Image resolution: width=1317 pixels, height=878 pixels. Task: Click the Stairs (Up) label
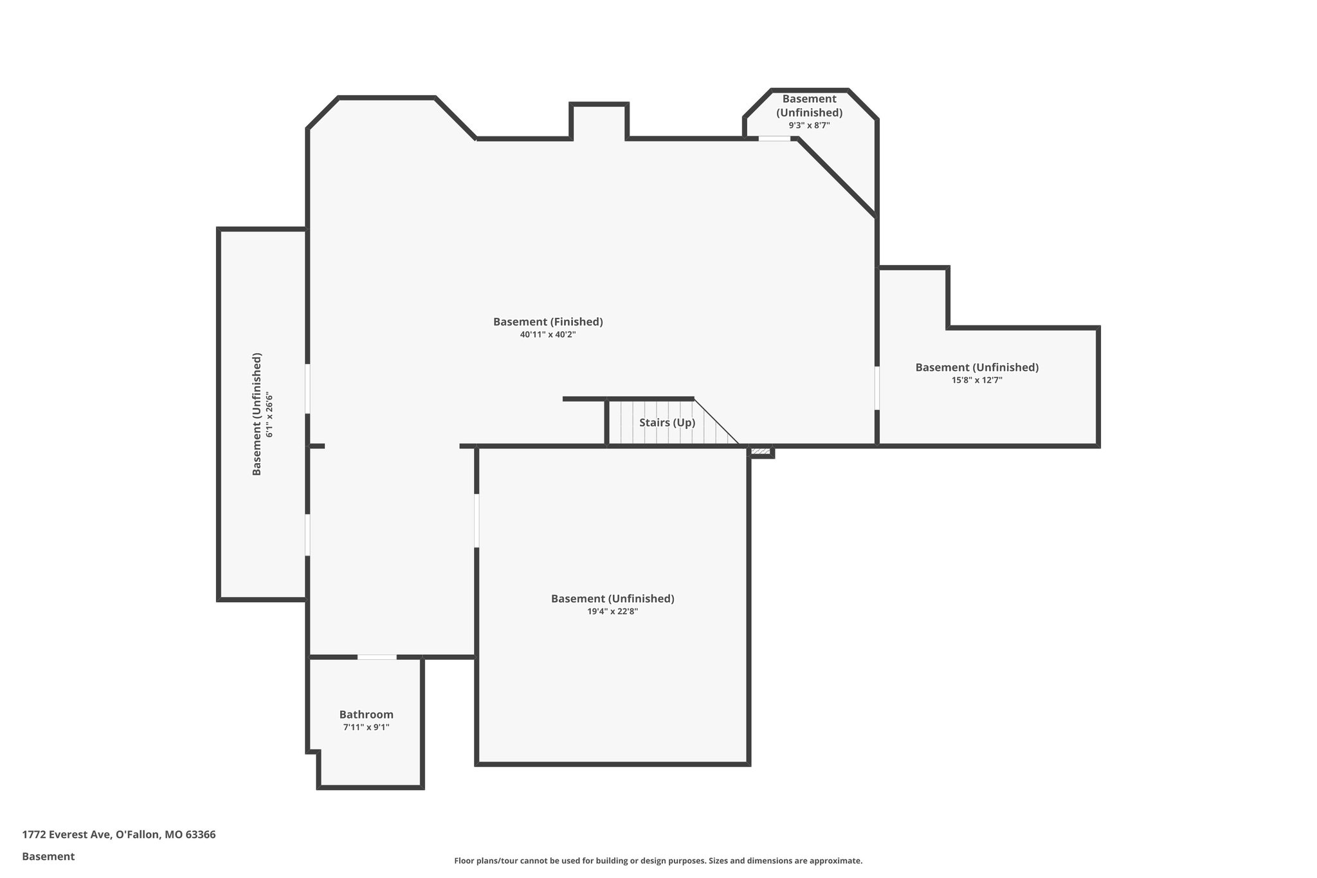click(667, 423)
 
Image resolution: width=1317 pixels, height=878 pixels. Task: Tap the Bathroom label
click(367, 715)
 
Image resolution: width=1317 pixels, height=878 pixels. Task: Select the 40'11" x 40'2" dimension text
click(548, 334)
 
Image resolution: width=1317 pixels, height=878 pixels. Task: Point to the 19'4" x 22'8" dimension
click(612, 612)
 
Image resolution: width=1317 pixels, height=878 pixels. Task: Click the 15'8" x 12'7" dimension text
click(977, 380)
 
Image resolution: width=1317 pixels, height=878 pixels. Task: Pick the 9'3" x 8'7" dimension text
click(809, 125)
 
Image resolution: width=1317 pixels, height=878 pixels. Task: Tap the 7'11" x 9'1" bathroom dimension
click(367, 727)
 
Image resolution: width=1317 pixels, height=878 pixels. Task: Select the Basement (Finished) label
click(548, 322)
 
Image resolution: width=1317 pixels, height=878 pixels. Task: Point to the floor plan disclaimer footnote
click(658, 861)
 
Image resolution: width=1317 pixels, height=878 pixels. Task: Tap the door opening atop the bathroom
click(377, 657)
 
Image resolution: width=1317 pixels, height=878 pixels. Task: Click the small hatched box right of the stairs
click(761, 452)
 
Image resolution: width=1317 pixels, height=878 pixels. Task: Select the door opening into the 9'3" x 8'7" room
click(774, 138)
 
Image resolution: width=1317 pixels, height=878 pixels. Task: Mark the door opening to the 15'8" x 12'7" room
click(877, 388)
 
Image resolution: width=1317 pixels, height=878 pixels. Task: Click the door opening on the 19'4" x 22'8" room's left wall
click(477, 520)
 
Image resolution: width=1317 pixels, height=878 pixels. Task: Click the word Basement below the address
click(48, 857)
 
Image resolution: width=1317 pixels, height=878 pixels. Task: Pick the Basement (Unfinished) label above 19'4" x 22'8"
click(612, 599)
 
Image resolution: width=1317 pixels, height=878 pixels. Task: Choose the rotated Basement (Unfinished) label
click(257, 414)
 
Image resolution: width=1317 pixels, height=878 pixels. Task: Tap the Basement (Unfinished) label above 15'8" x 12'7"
click(977, 367)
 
